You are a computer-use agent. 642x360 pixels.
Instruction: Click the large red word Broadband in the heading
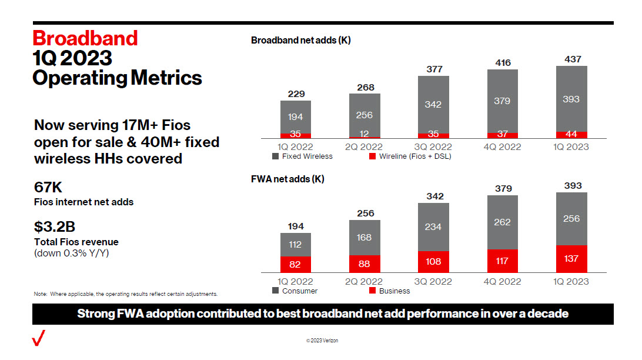[x=85, y=38]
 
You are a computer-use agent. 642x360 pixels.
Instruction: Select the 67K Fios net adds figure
[x=48, y=188]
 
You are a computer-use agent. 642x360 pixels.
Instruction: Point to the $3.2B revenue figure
[x=55, y=227]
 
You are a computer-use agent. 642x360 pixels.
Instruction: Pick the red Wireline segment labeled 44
[x=571, y=135]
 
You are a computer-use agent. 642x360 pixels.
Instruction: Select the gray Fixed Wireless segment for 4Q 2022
[x=503, y=101]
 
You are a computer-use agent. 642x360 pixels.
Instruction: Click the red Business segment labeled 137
[x=571, y=259]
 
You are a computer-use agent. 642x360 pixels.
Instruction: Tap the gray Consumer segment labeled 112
[x=295, y=245]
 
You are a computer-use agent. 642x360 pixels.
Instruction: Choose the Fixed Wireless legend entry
[x=302, y=156]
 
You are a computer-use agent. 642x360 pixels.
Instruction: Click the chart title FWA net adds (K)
[x=287, y=179]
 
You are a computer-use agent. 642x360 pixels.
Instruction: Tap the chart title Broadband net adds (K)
[x=300, y=41]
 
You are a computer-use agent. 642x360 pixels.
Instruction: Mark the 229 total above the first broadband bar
[x=296, y=94]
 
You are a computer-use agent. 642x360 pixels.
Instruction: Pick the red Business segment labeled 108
[x=433, y=262]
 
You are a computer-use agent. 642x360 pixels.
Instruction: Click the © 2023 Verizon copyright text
[x=322, y=341]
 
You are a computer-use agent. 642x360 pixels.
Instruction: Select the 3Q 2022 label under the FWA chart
[x=434, y=282]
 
